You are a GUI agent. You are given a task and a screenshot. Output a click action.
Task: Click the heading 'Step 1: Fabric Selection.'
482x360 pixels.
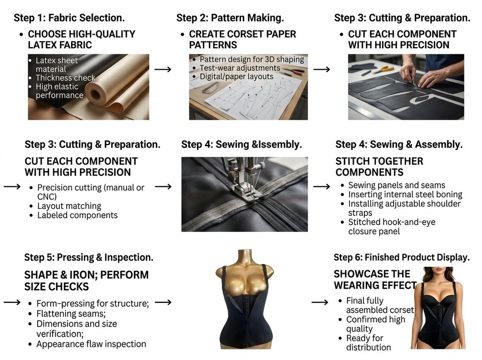tap(69, 18)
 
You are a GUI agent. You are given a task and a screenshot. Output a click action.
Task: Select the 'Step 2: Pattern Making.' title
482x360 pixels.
tap(230, 18)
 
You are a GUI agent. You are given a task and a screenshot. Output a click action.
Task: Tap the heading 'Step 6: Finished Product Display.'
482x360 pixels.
tap(402, 257)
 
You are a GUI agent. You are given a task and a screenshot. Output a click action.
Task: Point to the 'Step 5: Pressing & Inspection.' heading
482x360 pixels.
tap(88, 257)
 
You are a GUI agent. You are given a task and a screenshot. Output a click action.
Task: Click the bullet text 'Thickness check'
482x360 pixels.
tap(65, 78)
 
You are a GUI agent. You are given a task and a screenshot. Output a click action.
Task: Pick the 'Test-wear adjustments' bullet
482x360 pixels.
tap(240, 68)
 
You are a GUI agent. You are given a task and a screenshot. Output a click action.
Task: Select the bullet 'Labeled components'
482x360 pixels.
tap(77, 215)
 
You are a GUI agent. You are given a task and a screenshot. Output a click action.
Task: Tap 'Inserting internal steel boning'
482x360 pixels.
tap(405, 194)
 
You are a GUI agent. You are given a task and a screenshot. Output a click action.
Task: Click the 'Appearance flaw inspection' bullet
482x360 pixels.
tap(91, 344)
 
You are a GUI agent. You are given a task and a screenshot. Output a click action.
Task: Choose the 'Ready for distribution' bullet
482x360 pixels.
tap(368, 343)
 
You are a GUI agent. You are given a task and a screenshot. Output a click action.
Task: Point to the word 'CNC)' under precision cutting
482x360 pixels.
tap(47, 197)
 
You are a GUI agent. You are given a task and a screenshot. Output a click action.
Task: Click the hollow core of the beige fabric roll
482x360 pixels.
tap(95, 94)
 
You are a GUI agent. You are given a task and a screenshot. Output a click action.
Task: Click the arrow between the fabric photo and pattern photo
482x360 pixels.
tap(163, 69)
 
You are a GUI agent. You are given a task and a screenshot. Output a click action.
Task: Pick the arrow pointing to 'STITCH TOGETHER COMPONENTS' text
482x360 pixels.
tap(321, 187)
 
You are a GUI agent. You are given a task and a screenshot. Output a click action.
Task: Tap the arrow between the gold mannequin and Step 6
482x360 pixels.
tap(320, 302)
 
